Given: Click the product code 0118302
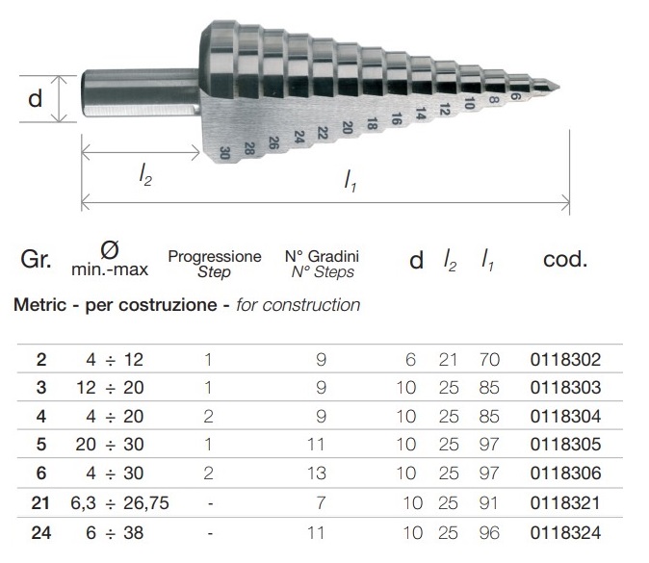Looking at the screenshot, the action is [x=565, y=360].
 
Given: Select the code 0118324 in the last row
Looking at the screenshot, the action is [x=565, y=533].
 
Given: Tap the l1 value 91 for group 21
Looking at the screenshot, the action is [x=489, y=503].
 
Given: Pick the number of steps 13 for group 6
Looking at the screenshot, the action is [x=316, y=473].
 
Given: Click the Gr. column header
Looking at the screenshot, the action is [x=36, y=260].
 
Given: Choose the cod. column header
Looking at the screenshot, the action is [x=565, y=260].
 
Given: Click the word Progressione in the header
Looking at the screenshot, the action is [x=215, y=256].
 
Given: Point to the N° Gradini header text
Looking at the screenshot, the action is [x=322, y=256].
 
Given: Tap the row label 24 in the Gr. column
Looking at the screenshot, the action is [x=41, y=533].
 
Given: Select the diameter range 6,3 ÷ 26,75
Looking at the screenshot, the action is [x=120, y=503].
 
